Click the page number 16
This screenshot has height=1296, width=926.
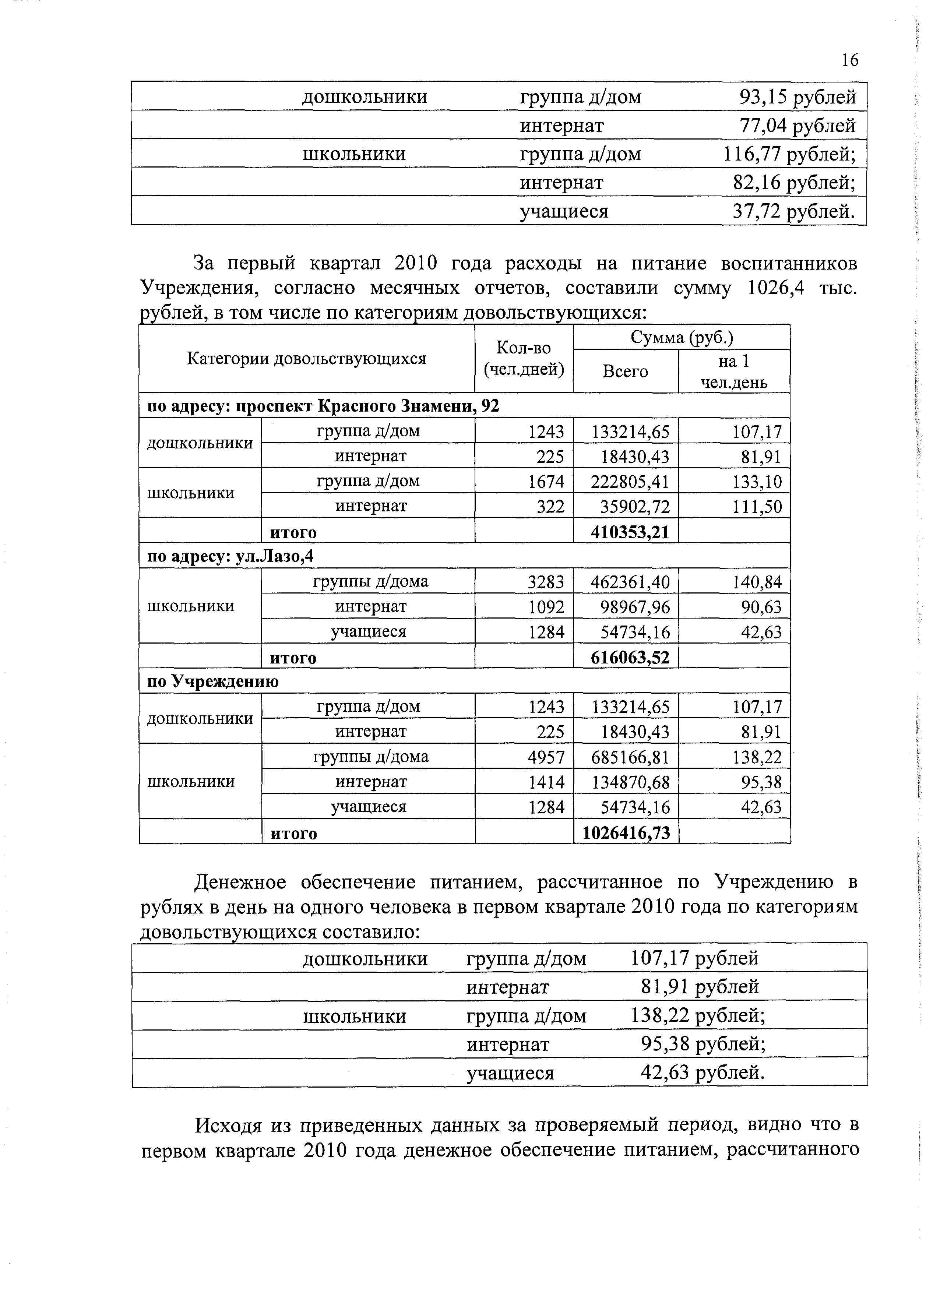click(x=849, y=60)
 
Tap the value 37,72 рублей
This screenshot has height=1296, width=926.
click(x=794, y=212)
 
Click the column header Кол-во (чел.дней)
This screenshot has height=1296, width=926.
click(x=524, y=359)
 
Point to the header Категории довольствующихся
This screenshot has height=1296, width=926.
click(x=307, y=359)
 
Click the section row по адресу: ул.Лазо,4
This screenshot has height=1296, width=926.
click(x=230, y=556)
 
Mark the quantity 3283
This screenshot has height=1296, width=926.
click(x=546, y=582)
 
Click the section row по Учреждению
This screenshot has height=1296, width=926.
click(x=213, y=682)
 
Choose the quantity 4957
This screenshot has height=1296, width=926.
click(x=546, y=758)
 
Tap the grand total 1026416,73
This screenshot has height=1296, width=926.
click(x=626, y=833)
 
